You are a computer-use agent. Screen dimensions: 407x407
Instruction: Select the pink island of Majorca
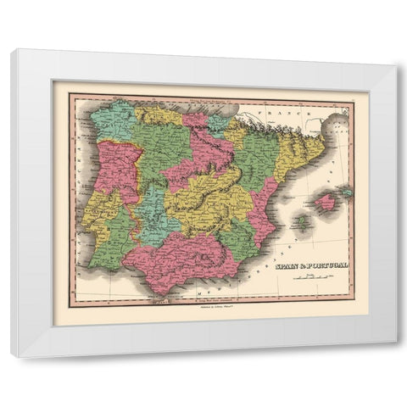pyautogui.click(x=326, y=202)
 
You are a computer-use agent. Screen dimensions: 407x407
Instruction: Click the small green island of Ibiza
pyautogui.click(x=299, y=222)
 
